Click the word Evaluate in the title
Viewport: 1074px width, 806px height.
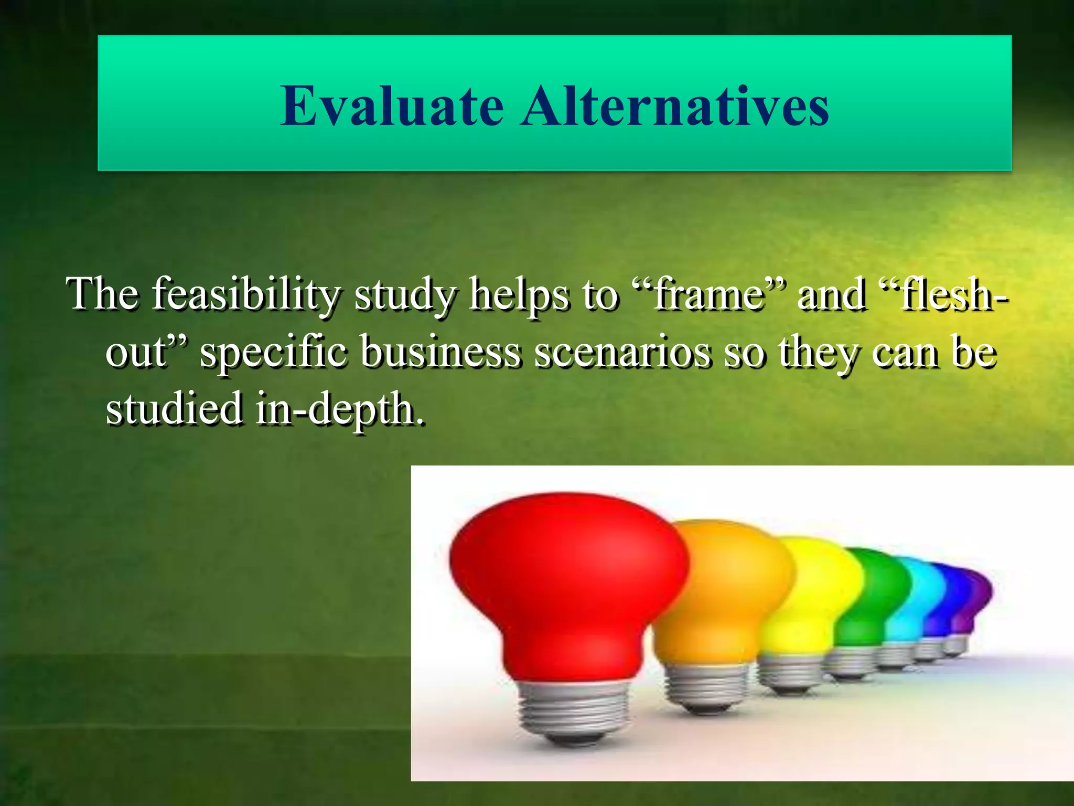coord(392,107)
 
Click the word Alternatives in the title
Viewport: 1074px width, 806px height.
coord(675,107)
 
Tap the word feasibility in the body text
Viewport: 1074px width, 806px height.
coord(245,295)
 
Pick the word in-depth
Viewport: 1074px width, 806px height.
coord(339,409)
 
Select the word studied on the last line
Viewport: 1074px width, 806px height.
coord(174,409)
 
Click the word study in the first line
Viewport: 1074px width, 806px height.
coord(404,295)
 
